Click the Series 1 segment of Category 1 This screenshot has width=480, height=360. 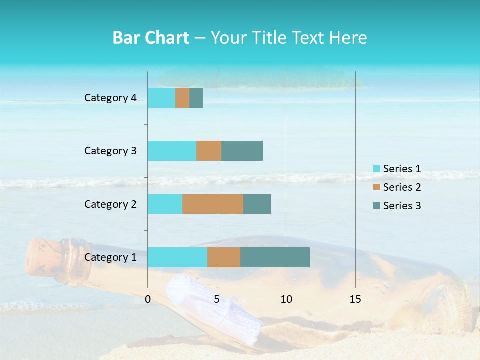click(x=177, y=257)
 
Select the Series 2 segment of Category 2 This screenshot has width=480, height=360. click(x=213, y=204)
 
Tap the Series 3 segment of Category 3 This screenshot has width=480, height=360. click(x=242, y=151)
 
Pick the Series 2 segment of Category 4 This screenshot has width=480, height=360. click(x=182, y=98)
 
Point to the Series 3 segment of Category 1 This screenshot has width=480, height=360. click(x=275, y=257)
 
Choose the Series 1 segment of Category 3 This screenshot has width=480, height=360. click(x=172, y=151)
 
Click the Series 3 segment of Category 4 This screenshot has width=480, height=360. click(x=196, y=98)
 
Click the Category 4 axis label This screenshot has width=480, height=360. click(x=110, y=98)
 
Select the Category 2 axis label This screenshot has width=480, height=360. click(x=110, y=204)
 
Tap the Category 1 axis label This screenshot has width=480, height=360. click(x=110, y=257)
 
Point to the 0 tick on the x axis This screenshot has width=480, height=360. click(x=148, y=299)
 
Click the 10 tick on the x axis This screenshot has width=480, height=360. click(x=286, y=299)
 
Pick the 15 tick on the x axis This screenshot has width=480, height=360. click(x=355, y=299)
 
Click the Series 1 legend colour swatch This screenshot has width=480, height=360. click(x=376, y=169)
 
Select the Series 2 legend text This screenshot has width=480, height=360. click(x=402, y=187)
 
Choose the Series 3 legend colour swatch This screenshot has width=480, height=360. click(x=376, y=206)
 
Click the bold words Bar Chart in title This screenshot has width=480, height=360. click(x=151, y=38)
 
